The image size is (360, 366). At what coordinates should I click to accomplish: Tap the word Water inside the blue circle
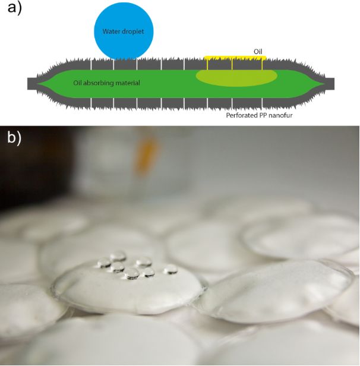(111, 31)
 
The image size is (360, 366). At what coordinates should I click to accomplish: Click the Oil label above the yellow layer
(258, 52)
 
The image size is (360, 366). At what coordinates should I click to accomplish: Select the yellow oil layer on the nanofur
(235, 58)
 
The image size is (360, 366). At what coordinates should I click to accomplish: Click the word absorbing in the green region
(102, 83)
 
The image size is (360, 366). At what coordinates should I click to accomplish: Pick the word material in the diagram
(128, 83)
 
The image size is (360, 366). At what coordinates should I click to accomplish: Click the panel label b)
(12, 138)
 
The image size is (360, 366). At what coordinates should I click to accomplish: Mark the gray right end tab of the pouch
(327, 83)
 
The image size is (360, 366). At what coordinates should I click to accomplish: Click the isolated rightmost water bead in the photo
(170, 269)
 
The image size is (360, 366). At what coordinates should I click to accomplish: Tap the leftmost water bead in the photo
(105, 261)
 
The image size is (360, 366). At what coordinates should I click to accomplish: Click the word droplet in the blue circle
(137, 31)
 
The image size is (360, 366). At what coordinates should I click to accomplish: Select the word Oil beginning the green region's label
(78, 83)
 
